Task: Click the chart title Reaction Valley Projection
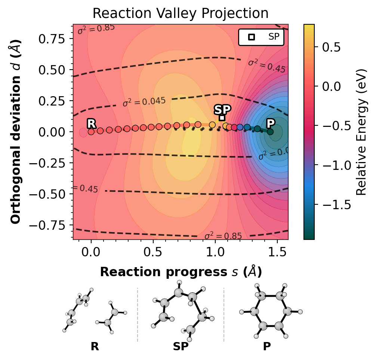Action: [x=181, y=13]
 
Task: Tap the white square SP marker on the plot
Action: [x=222, y=118]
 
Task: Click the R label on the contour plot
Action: [x=91, y=123]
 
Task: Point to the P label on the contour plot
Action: [x=270, y=123]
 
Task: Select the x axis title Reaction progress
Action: [x=181, y=272]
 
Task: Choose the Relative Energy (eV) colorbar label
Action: [x=361, y=132]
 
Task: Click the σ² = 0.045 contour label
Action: [x=144, y=101]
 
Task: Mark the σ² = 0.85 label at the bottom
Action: [x=223, y=236]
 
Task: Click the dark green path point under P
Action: [x=270, y=132]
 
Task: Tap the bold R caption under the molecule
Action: [x=95, y=347]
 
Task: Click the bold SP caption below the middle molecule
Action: [x=181, y=347]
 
